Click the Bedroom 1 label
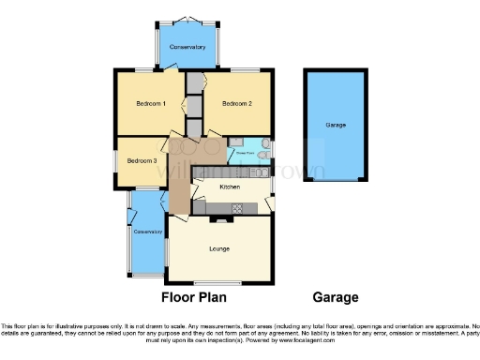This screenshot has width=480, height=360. [151, 104]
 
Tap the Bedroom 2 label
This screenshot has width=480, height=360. [237, 104]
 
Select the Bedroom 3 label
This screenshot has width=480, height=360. [142, 160]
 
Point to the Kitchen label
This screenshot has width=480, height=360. [230, 187]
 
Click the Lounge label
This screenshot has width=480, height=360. [219, 248]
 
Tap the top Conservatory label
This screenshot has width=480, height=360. [187, 47]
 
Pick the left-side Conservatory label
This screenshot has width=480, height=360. [147, 232]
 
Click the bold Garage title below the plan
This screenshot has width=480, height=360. [336, 297]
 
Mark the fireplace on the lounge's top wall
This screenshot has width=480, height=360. [219, 219]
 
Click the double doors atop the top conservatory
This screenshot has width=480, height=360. [187, 21]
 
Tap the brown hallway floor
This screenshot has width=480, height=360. [181, 178]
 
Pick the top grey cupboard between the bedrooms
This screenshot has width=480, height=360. [194, 82]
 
